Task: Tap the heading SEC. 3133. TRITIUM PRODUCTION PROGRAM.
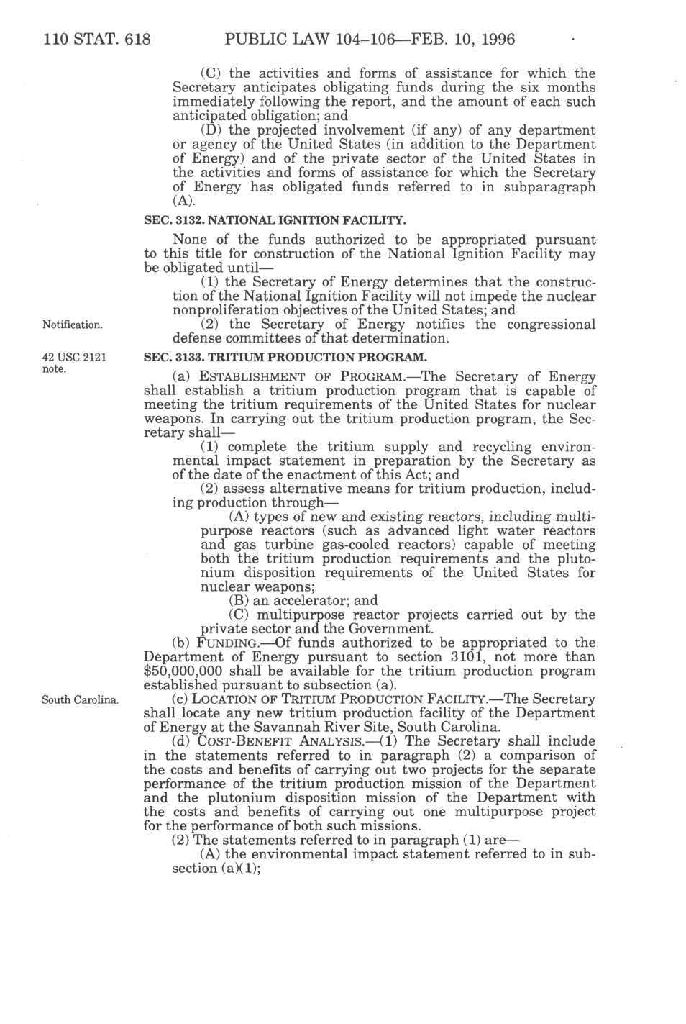click(285, 357)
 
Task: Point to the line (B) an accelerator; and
click(303, 601)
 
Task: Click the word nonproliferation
click(229, 310)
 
